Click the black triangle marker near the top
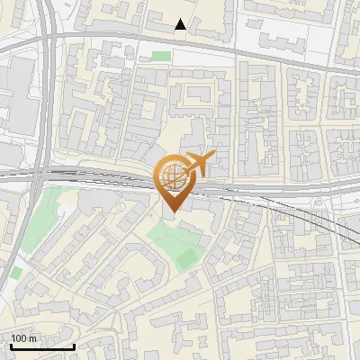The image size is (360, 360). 181,24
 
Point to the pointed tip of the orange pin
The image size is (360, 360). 171,211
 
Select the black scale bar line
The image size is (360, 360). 42,346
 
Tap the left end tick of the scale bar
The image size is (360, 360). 11,345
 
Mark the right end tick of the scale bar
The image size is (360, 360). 74,345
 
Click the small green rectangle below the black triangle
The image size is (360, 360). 161,57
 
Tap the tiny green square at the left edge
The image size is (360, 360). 16,272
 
